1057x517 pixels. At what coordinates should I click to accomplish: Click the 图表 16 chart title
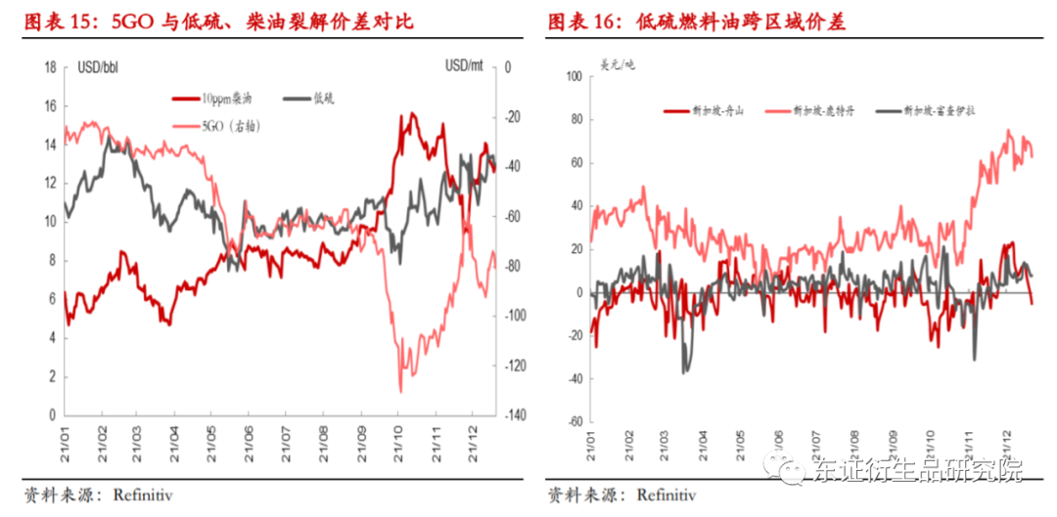696,21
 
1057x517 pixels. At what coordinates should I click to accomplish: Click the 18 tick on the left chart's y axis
49,66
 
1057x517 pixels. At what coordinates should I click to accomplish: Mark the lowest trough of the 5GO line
401,390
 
